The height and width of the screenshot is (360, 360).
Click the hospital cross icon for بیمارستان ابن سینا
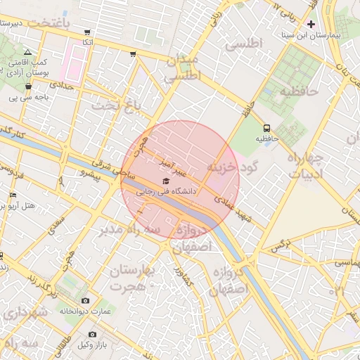click(x=311, y=24)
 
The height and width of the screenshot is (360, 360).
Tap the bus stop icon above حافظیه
click(x=267, y=128)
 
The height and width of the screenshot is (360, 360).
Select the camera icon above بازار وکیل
click(x=91, y=334)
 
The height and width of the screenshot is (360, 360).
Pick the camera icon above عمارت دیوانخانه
click(x=86, y=301)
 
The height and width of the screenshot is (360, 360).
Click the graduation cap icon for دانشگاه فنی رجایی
click(x=166, y=181)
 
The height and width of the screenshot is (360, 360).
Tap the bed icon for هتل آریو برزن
click(x=13, y=195)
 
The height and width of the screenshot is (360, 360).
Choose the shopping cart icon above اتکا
click(x=87, y=32)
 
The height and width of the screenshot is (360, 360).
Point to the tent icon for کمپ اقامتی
click(x=27, y=53)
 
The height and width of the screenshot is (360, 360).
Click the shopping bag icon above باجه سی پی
click(x=28, y=86)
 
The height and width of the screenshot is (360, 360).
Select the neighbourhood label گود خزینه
click(x=233, y=167)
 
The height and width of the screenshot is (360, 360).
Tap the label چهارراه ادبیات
click(x=305, y=166)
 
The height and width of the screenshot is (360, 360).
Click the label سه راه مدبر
click(x=129, y=230)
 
